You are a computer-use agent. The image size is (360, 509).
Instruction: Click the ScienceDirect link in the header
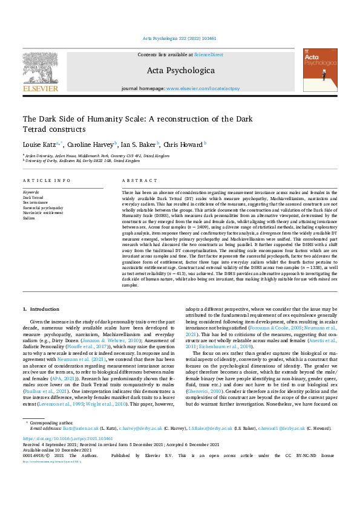208,55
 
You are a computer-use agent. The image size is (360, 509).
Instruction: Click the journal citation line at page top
180,38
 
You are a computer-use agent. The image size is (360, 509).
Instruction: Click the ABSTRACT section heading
136,181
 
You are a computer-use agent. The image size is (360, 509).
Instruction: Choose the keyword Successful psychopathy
42,207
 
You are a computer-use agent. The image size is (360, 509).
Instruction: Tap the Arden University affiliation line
97,155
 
